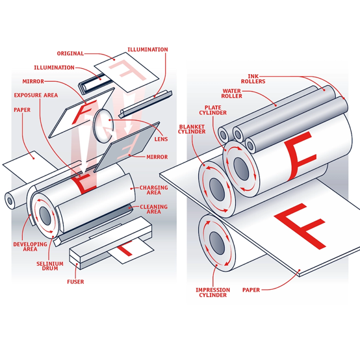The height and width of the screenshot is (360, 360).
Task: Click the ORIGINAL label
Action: click(x=70, y=53)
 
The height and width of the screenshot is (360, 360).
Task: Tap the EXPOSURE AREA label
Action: click(x=36, y=96)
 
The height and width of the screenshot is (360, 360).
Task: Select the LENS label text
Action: click(x=161, y=139)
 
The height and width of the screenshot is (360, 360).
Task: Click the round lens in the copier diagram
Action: click(x=103, y=126)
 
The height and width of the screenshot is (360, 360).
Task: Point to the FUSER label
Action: click(x=75, y=282)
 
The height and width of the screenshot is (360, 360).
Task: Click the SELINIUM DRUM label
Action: click(x=50, y=266)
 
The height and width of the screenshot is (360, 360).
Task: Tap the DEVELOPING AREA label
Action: click(x=30, y=246)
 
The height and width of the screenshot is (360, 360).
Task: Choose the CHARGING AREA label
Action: click(x=153, y=190)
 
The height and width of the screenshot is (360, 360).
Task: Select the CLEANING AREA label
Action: click(x=153, y=209)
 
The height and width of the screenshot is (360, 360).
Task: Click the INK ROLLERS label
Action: click(x=253, y=79)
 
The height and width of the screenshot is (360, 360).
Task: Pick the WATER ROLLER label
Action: click(x=231, y=94)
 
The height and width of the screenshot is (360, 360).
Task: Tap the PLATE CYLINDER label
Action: click(x=213, y=110)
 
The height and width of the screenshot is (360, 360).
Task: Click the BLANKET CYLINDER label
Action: click(x=192, y=129)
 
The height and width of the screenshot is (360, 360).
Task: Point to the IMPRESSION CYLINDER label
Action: click(x=213, y=292)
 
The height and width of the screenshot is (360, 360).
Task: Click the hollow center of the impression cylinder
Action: click(x=217, y=243)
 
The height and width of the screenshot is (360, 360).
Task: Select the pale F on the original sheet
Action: click(x=127, y=70)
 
